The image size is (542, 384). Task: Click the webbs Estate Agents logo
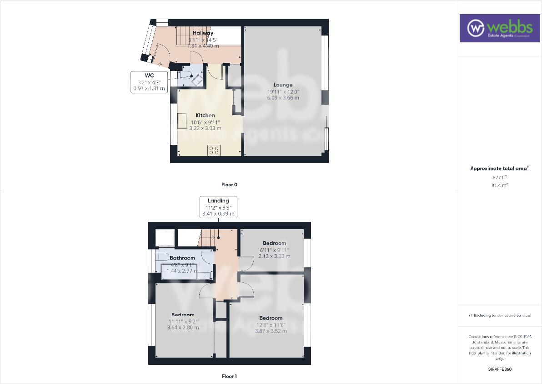pyautogui.click(x=499, y=28)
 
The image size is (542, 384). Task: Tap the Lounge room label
pyautogui.click(x=283, y=85)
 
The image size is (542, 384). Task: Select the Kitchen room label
pyautogui.click(x=205, y=115)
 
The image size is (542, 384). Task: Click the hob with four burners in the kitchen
pyautogui.click(x=214, y=150)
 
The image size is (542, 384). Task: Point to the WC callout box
pyautogui.click(x=149, y=82)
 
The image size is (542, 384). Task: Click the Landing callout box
pyautogui.click(x=218, y=207)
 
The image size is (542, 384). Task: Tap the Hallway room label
pyautogui.click(x=203, y=33)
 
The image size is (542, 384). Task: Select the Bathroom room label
pyautogui.click(x=182, y=258)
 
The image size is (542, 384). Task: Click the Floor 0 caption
pyautogui.click(x=229, y=184)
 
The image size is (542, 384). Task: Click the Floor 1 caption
pyautogui.click(x=229, y=376)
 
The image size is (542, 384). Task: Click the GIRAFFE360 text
pyautogui.click(x=499, y=369)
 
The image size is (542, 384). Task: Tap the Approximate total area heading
pyautogui.click(x=500, y=169)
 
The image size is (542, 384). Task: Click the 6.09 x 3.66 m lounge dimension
pyautogui.click(x=283, y=98)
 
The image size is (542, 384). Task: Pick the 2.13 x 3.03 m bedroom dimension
pyautogui.click(x=274, y=256)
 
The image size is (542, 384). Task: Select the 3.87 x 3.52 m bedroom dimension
pyautogui.click(x=271, y=331)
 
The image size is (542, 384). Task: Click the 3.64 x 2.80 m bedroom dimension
pyautogui.click(x=183, y=328)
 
